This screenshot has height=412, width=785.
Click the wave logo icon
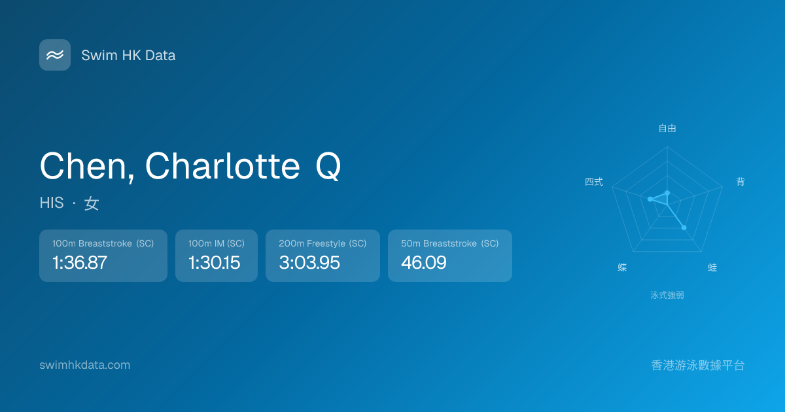(x=55, y=55)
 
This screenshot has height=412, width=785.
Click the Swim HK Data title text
(x=128, y=56)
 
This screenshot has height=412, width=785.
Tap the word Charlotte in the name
(x=222, y=166)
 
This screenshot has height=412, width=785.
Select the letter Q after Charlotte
(x=328, y=167)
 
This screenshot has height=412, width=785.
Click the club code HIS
(x=52, y=203)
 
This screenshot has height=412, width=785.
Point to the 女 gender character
(x=92, y=203)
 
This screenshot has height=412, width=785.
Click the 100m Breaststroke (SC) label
(x=103, y=243)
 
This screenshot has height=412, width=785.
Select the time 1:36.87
(x=80, y=263)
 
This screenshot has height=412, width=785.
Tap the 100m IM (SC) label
(x=217, y=243)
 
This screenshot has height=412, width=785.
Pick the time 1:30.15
(x=214, y=263)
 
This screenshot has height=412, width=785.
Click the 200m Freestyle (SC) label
(x=323, y=243)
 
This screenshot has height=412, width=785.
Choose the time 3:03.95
(x=309, y=263)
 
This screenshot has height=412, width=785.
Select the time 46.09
(x=424, y=263)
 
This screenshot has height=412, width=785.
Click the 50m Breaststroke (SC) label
(x=449, y=243)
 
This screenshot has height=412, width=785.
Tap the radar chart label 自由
(x=667, y=128)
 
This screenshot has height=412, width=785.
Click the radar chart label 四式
(x=594, y=182)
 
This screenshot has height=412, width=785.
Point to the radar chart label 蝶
(x=622, y=267)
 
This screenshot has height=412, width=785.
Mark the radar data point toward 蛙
(x=684, y=228)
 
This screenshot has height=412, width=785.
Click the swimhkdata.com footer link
(x=85, y=365)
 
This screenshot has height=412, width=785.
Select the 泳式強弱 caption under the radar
(x=667, y=296)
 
